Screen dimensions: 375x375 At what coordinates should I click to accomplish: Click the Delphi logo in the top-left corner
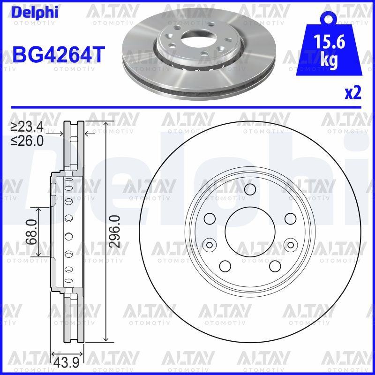(x=35, y=12)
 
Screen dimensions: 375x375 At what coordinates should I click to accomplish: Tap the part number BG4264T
(x=59, y=54)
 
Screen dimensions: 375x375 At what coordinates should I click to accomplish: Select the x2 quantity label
(x=352, y=93)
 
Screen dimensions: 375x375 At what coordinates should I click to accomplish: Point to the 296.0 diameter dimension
(x=114, y=231)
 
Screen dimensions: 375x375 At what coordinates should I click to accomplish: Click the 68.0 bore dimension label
(x=31, y=232)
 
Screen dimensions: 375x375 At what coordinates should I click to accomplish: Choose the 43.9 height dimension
(x=66, y=363)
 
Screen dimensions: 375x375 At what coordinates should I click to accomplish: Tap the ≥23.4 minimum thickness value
(x=27, y=127)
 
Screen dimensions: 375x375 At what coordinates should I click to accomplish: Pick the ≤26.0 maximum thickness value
(x=27, y=141)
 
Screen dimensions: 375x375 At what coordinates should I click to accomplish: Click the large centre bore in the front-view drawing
(x=250, y=232)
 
